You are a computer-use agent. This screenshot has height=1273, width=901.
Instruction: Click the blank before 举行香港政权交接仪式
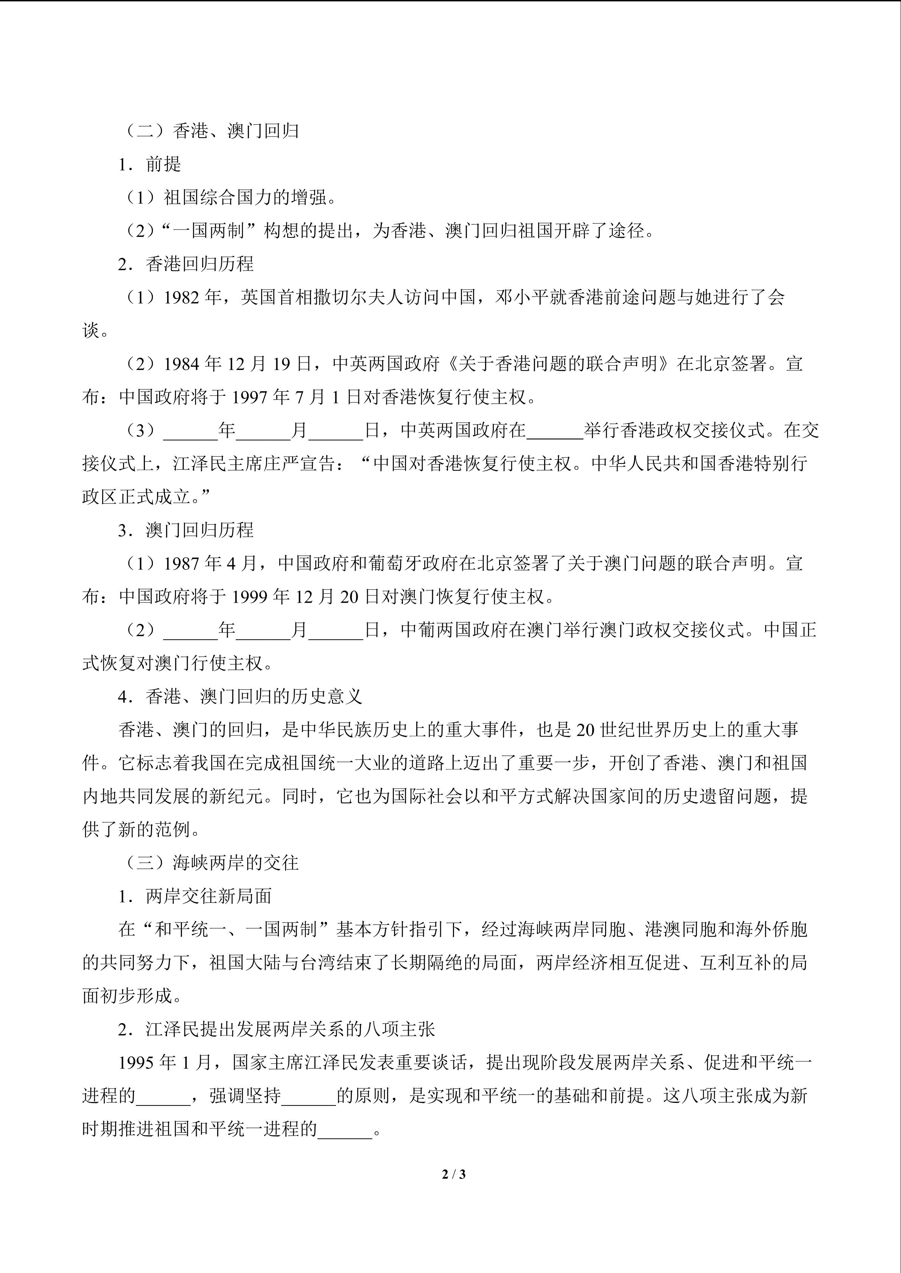click(555, 431)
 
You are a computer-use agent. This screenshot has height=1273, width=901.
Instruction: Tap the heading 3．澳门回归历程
click(185, 530)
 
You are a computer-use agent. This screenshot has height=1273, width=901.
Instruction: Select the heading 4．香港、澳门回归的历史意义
click(240, 697)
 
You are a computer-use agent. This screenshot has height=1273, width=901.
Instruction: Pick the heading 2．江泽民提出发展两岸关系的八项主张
click(276, 1030)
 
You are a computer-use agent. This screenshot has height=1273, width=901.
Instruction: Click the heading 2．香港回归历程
click(185, 265)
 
